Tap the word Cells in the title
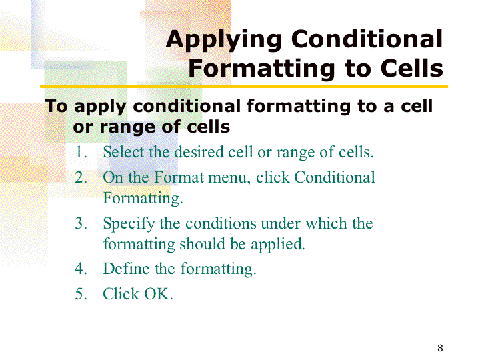pyautogui.click(x=412, y=68)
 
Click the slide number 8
pyautogui.click(x=440, y=348)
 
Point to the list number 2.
pyautogui.click(x=81, y=177)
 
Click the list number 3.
pyautogui.click(x=81, y=223)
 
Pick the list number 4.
pyautogui.click(x=81, y=269)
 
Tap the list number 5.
pyautogui.click(x=81, y=294)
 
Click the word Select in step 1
pyautogui.click(x=123, y=152)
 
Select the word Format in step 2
pyautogui.click(x=179, y=177)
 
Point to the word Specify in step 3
pyautogui.click(x=129, y=224)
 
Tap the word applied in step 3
pyautogui.click(x=278, y=245)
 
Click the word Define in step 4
pyautogui.click(x=126, y=269)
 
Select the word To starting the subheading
pyautogui.click(x=56, y=106)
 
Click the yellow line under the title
pyautogui.click(x=244, y=87)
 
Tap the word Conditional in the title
pyautogui.click(x=367, y=39)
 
